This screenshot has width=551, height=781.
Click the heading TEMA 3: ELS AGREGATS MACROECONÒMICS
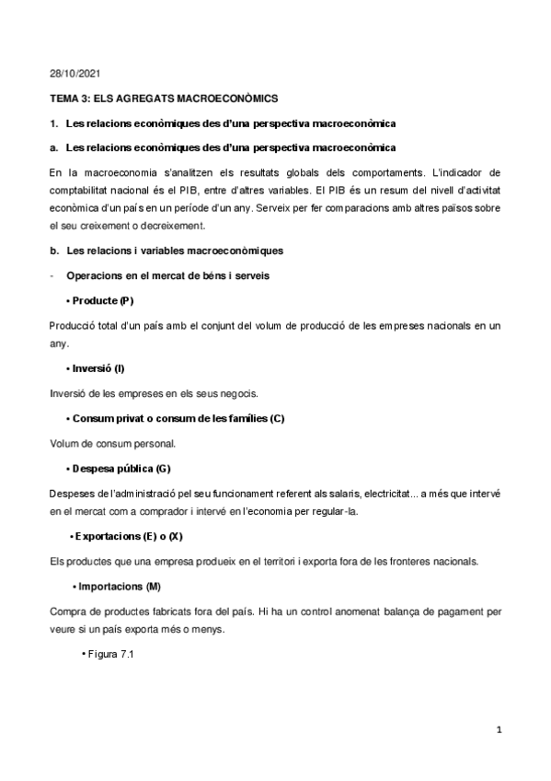click(x=165, y=98)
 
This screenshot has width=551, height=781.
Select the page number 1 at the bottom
click(x=498, y=731)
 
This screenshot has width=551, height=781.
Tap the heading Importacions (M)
click(x=121, y=586)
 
